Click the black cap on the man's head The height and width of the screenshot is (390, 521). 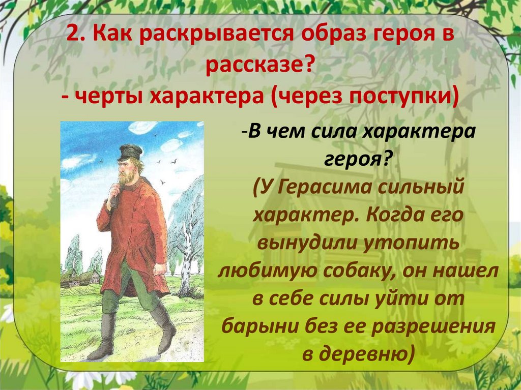click(130, 151)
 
